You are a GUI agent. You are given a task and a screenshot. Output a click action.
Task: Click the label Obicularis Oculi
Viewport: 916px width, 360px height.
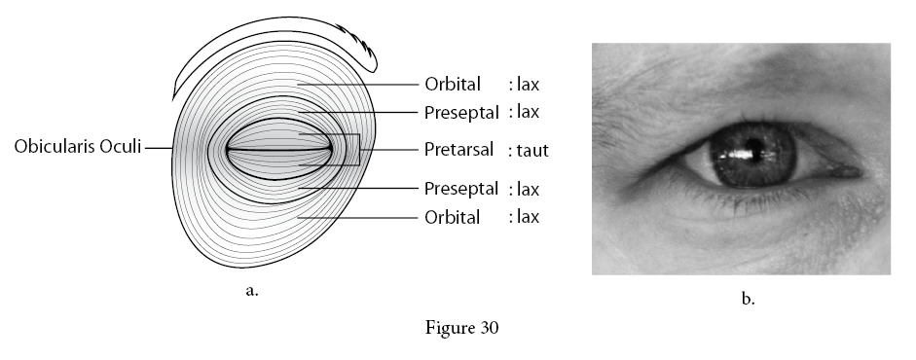point(78,147)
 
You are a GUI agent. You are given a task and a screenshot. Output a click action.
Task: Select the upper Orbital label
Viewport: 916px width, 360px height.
point(453,84)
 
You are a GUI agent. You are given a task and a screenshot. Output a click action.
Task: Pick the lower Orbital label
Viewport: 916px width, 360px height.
point(452,217)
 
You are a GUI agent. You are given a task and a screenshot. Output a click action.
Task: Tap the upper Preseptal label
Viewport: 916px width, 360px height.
point(461,113)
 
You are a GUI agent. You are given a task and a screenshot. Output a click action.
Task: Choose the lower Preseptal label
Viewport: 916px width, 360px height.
point(461,189)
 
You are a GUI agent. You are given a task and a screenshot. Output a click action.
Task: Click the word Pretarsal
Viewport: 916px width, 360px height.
point(459,150)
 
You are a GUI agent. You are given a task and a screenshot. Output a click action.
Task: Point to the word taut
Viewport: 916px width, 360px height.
point(532,151)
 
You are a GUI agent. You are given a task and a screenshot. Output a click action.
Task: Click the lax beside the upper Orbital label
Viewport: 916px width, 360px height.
point(529,84)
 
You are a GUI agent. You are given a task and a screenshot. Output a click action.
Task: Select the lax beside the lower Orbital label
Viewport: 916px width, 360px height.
point(529,216)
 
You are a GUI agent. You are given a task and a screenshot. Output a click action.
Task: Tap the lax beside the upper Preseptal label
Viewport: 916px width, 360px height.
point(529,111)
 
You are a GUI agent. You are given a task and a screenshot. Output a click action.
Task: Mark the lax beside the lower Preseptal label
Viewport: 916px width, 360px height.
point(529,189)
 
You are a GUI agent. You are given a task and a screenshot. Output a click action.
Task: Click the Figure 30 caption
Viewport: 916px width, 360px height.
point(461,327)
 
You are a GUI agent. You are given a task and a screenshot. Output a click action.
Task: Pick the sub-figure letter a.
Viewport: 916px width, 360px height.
point(252,291)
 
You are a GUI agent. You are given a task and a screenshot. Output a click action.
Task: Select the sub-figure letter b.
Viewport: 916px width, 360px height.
point(748,299)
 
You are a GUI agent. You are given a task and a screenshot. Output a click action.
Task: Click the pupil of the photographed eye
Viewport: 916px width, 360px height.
point(754,147)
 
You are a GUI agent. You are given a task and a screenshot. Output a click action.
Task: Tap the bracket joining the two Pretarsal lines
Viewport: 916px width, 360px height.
point(358,150)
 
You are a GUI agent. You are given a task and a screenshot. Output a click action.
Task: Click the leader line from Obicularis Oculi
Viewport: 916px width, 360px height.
point(159,148)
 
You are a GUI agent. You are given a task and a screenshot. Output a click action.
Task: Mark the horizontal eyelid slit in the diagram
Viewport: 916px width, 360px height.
point(279,150)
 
